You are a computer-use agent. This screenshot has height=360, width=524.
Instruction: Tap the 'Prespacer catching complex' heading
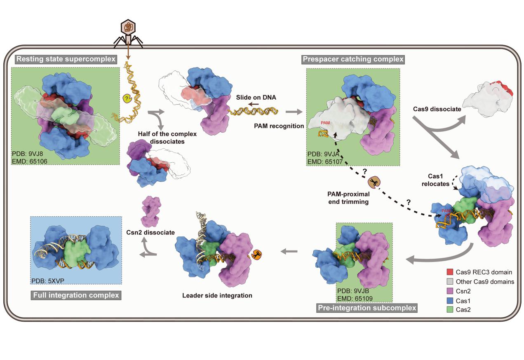[353, 59]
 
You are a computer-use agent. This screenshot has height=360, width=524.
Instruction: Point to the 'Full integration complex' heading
[75, 295]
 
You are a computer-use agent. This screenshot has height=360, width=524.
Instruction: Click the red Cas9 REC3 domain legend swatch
[449, 272]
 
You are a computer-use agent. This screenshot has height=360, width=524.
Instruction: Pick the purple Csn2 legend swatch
[449, 291]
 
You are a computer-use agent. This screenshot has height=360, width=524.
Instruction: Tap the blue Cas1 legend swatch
[449, 300]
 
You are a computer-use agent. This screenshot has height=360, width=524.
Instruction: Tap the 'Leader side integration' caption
[217, 295]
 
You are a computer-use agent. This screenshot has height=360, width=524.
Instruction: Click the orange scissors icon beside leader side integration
[257, 255]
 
